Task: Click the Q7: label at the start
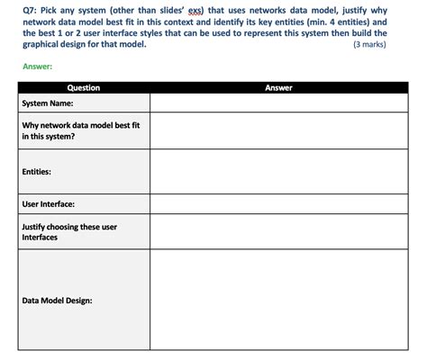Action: [x=30, y=7]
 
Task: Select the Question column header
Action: [x=83, y=88]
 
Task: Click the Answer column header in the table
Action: [x=279, y=88]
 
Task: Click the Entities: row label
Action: [x=36, y=171]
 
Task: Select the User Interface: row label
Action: [x=48, y=204]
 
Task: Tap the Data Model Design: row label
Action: [x=57, y=301]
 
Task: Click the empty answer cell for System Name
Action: [x=279, y=103]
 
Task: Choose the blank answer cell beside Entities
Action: [x=279, y=171]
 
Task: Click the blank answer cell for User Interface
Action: [x=279, y=204]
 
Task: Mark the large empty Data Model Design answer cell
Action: [x=279, y=301]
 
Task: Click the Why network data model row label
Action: [x=80, y=131]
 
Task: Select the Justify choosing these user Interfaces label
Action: [x=68, y=232]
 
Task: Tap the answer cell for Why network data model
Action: [x=279, y=131]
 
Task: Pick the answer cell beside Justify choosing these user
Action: [x=279, y=232]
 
